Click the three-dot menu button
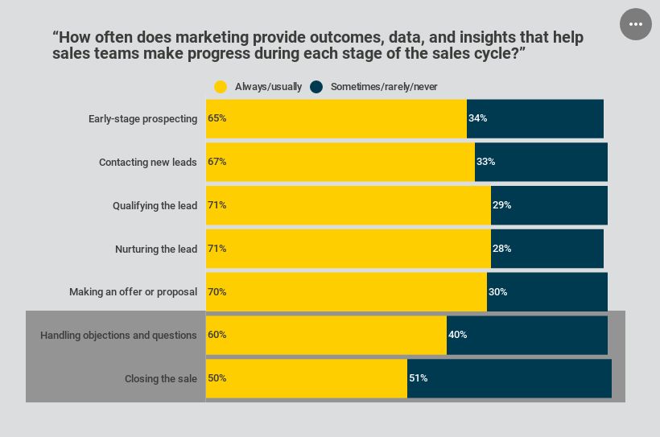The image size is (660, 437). pos(635,24)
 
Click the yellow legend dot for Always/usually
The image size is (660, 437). pos(221,87)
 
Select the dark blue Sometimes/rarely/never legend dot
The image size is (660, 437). pos(316,87)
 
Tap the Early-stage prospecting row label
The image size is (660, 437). pos(142,119)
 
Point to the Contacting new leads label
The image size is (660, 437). pos(148,163)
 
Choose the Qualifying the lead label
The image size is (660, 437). pos(155,206)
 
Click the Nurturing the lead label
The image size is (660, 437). pos(156,249)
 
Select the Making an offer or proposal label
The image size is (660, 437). pos(133,292)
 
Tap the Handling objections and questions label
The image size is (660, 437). pos(118,336)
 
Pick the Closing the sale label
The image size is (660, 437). pos(161,379)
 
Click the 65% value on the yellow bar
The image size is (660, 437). pos(217,118)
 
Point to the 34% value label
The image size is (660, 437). pos(478,118)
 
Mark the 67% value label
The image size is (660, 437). pos(217,162)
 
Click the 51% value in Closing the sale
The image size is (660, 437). pos(419,378)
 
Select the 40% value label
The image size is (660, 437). pos(458,335)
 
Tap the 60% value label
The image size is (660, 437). pos(217,335)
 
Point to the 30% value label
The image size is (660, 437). pos(498,292)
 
